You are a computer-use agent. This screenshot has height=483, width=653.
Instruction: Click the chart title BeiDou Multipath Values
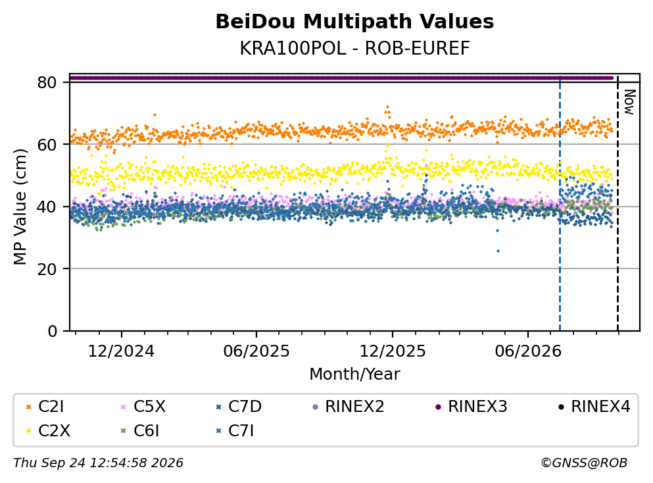click(354, 22)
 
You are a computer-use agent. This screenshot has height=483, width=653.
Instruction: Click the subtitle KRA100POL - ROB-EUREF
click(354, 49)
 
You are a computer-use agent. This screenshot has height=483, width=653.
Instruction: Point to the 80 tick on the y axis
click(47, 82)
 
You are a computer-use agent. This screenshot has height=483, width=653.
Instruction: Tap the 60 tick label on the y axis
click(47, 145)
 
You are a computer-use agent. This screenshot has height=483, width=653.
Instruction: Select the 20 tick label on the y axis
click(47, 268)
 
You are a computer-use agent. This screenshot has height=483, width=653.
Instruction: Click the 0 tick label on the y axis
click(52, 331)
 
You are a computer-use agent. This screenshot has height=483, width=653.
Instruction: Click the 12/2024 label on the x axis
click(121, 351)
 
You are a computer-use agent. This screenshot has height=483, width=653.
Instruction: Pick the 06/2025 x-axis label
click(256, 351)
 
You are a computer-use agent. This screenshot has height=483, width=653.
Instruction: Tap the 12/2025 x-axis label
click(393, 351)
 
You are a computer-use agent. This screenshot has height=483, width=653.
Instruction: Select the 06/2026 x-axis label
click(528, 351)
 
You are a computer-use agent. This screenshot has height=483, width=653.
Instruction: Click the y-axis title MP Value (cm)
click(20, 207)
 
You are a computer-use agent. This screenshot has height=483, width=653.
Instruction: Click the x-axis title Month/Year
click(354, 374)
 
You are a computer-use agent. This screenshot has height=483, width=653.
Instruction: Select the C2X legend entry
click(48, 430)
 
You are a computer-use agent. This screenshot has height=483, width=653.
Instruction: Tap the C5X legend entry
click(143, 406)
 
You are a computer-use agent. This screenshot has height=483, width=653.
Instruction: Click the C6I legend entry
click(140, 430)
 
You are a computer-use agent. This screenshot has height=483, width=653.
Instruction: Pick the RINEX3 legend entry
click(471, 406)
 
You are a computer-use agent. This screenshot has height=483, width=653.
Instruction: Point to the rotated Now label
click(629, 102)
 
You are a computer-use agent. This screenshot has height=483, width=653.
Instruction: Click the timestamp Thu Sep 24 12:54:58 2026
click(98, 463)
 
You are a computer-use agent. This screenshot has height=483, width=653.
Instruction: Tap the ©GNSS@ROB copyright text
click(584, 463)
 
